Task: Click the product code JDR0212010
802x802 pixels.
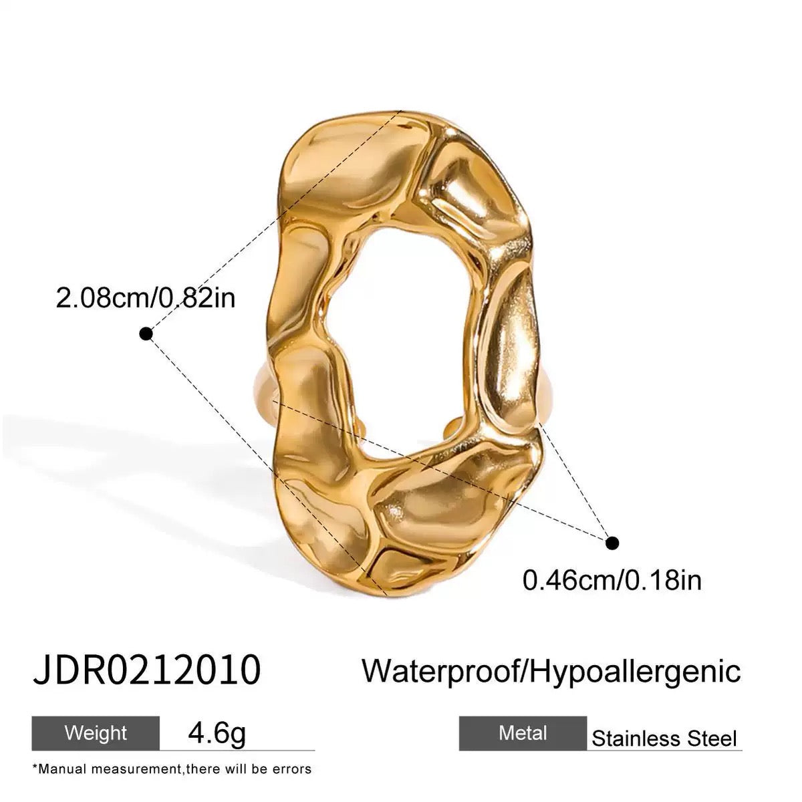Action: [x=146, y=670]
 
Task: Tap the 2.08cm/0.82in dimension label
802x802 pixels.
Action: [x=145, y=297]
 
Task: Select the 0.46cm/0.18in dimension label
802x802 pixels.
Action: [x=612, y=579]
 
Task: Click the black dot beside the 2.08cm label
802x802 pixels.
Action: [x=145, y=333]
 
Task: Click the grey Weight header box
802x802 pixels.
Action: [x=96, y=732]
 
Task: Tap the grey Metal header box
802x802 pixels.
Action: [x=523, y=733]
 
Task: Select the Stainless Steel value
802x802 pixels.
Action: [x=664, y=739]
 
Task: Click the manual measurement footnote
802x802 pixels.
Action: [x=172, y=769]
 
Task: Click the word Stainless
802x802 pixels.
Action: [x=635, y=739]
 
